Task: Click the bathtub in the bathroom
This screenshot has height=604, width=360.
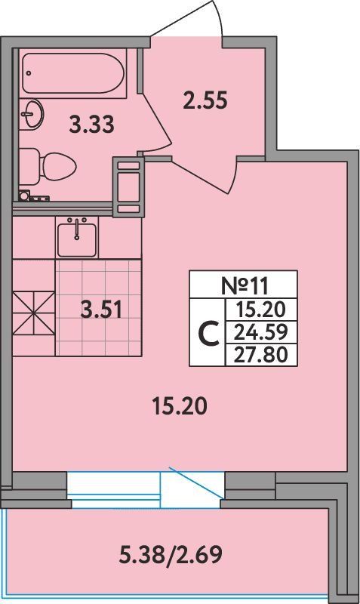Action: pyautogui.click(x=72, y=73)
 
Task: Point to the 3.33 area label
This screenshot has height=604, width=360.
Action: pyautogui.click(x=91, y=125)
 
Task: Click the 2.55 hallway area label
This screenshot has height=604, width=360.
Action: pyautogui.click(x=205, y=100)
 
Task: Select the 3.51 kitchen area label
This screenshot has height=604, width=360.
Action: pyautogui.click(x=101, y=310)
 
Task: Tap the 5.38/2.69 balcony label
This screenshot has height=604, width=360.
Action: pyautogui.click(x=171, y=555)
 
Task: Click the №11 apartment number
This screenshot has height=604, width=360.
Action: pyautogui.click(x=244, y=285)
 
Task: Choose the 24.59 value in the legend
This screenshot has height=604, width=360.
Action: pyautogui.click(x=261, y=331)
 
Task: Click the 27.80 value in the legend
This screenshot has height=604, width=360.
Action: pyautogui.click(x=261, y=354)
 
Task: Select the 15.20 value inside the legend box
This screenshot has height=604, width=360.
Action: pyautogui.click(x=261, y=309)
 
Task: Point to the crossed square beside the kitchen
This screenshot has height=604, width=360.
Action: pyautogui.click(x=33, y=313)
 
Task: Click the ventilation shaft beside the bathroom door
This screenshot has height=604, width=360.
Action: pyautogui.click(x=128, y=186)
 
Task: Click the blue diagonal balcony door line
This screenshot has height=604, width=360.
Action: pyautogui.click(x=196, y=482)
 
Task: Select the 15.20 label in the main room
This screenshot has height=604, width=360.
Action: pyautogui.click(x=180, y=406)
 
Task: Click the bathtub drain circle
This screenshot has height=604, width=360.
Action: pyautogui.click(x=28, y=72)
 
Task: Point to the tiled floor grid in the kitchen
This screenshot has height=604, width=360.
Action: pyautogui.click(x=99, y=307)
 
